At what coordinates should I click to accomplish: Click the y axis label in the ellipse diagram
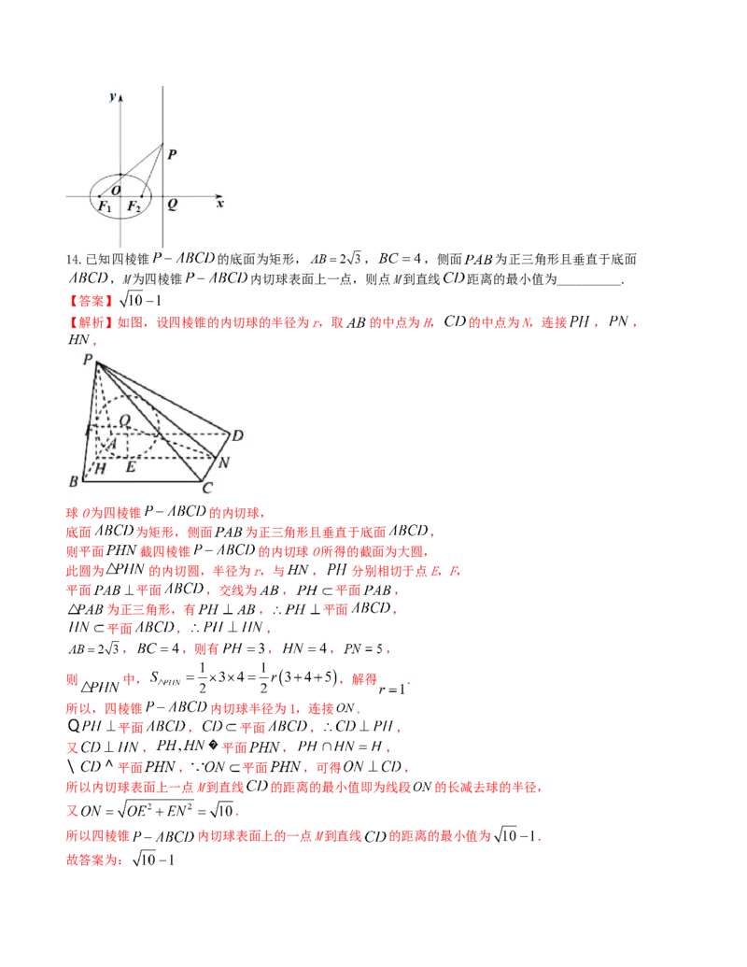112,96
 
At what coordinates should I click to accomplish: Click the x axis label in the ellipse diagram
219,202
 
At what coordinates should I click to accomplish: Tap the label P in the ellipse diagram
172,155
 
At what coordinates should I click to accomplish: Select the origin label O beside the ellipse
117,190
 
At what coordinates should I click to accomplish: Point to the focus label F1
106,206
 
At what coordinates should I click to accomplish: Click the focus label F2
134,206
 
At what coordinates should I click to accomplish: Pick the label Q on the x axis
172,204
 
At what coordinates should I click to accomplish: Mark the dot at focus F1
100,196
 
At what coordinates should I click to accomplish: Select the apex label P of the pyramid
87,358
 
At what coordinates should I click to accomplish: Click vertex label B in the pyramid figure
73,481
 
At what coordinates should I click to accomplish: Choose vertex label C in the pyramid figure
207,487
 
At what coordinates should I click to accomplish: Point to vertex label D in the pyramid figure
237,435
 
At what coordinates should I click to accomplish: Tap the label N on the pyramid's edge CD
222,462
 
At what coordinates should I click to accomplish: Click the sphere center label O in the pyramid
125,422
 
